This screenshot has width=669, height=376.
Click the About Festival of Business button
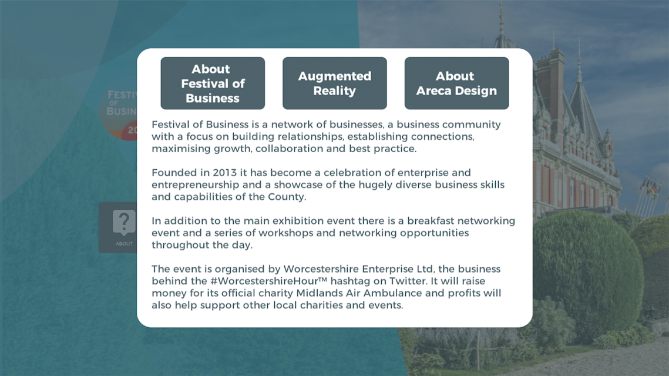213,83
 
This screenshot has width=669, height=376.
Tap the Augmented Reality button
335,83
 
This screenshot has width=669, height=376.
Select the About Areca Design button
456,83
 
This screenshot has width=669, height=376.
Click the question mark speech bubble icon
124,222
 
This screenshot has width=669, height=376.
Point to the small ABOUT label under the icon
124,244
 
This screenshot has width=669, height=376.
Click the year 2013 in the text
224,172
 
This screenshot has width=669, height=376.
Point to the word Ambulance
392,293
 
